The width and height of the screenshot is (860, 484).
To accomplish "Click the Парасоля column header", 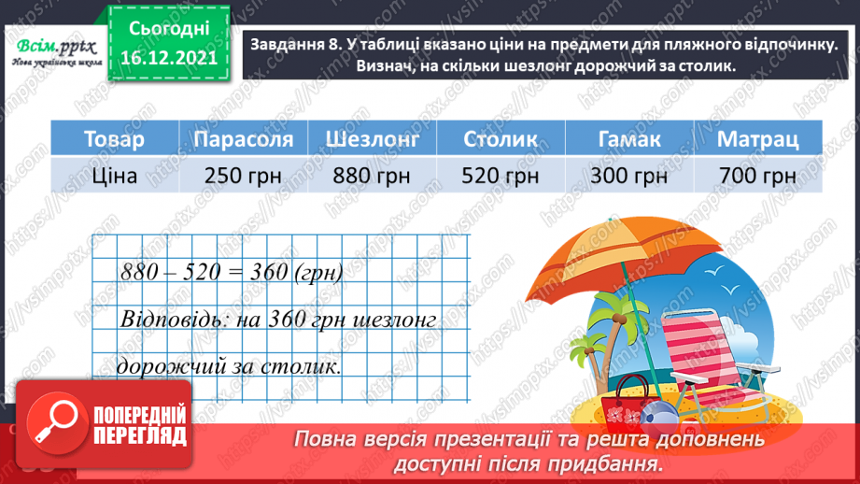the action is click(244, 139).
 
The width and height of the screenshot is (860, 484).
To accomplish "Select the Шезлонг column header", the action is click(373, 139).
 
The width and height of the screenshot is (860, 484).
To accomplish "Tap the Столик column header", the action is click(500, 139).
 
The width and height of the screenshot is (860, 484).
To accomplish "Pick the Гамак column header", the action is click(629, 139).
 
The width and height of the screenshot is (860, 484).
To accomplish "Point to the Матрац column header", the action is click(758, 139).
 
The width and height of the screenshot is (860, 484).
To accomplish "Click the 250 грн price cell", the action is click(244, 175).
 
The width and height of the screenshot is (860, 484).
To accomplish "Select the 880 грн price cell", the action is click(373, 175).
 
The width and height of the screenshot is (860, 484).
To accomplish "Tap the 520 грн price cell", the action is click(500, 175).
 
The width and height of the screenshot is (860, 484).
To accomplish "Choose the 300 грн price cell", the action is click(629, 175).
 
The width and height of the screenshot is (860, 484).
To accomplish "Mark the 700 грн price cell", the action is click(758, 175).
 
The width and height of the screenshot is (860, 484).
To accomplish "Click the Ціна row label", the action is click(115, 175).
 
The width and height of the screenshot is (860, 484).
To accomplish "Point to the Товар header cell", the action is click(115, 139).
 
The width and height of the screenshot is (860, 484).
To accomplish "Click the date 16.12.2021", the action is click(169, 58).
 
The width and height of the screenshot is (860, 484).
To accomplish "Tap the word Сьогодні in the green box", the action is click(169, 29).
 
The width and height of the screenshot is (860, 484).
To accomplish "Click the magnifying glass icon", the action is click(57, 423).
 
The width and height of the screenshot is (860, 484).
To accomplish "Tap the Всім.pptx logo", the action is click(56, 52).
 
